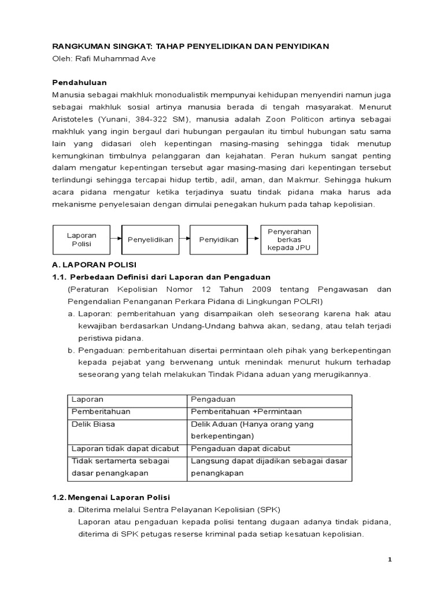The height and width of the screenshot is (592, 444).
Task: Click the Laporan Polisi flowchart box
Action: click(x=82, y=239)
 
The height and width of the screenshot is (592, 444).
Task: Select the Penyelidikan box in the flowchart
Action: click(x=150, y=239)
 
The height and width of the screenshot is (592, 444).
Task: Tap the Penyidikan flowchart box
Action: click(x=219, y=239)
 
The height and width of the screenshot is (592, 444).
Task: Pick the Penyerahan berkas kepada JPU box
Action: click(x=289, y=239)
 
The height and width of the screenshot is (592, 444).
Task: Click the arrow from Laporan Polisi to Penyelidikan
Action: click(x=116, y=239)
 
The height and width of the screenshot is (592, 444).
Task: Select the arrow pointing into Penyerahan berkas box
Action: click(x=254, y=239)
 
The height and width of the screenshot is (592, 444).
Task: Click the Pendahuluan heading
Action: click(x=80, y=83)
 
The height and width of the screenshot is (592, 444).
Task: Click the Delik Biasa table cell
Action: click(x=93, y=424)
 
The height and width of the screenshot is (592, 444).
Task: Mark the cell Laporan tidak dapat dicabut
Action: click(x=125, y=449)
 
